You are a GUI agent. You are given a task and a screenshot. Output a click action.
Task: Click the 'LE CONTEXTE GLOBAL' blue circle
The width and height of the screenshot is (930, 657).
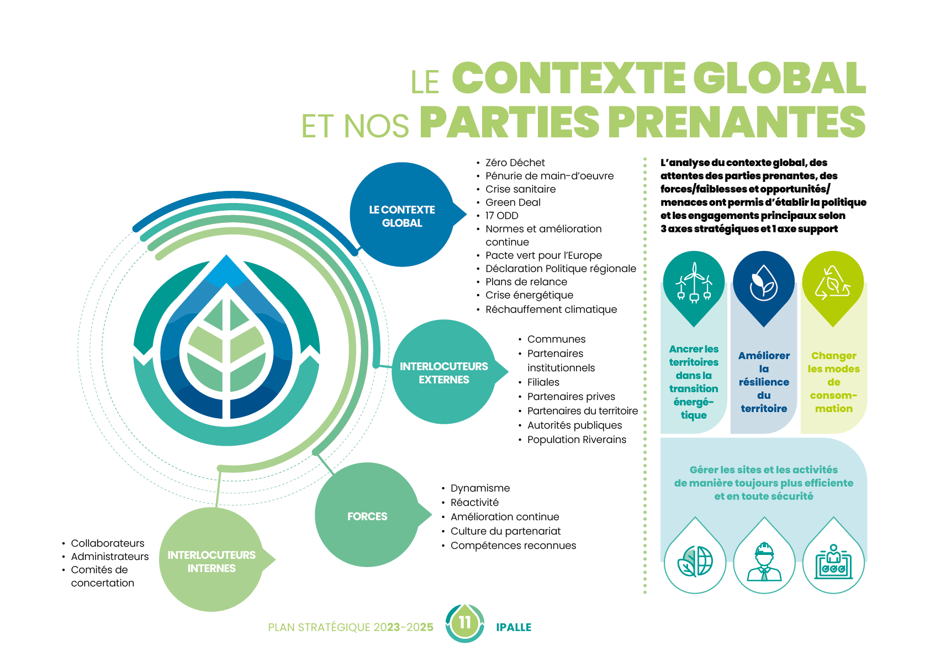pyautogui.click(x=402, y=216)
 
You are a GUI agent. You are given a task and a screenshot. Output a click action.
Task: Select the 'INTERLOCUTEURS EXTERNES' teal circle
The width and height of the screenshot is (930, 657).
pyautogui.click(x=443, y=373)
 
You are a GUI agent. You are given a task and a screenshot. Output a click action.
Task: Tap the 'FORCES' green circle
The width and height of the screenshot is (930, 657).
pyautogui.click(x=367, y=516)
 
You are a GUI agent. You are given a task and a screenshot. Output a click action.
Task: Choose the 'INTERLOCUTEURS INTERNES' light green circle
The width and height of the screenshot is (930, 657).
pyautogui.click(x=212, y=561)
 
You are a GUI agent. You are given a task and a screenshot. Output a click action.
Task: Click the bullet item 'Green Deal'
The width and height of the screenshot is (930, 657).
pyautogui.click(x=512, y=202)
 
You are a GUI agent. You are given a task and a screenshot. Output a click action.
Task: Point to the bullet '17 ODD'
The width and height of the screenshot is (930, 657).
pyautogui.click(x=501, y=216)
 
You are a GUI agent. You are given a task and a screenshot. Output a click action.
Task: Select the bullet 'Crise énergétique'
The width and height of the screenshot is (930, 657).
pyautogui.click(x=529, y=295)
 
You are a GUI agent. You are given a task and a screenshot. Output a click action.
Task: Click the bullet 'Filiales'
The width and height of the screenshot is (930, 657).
pyautogui.click(x=543, y=382)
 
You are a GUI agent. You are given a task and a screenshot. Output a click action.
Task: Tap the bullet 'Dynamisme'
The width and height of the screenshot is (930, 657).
pyautogui.click(x=480, y=488)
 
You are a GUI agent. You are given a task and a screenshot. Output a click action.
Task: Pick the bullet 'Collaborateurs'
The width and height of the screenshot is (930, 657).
pyautogui.click(x=107, y=543)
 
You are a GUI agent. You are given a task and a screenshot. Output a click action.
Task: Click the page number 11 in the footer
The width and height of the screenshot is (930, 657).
pyautogui.click(x=465, y=623)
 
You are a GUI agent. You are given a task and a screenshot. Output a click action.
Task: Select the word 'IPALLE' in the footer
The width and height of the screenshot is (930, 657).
pyautogui.click(x=514, y=627)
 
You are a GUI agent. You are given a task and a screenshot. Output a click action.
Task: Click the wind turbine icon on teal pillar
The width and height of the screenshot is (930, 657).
pyautogui.click(x=694, y=282)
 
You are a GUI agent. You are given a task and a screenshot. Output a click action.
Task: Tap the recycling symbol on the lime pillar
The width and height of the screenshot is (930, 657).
pyautogui.click(x=833, y=283)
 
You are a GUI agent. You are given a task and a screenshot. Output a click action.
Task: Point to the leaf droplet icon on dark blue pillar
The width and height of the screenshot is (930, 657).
pyautogui.click(x=763, y=283)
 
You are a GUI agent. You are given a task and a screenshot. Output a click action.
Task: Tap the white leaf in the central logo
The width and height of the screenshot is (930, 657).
pyautogui.click(x=226, y=348)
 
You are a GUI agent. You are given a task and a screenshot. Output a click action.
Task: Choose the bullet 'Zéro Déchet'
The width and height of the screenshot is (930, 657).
pyautogui.click(x=515, y=163)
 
